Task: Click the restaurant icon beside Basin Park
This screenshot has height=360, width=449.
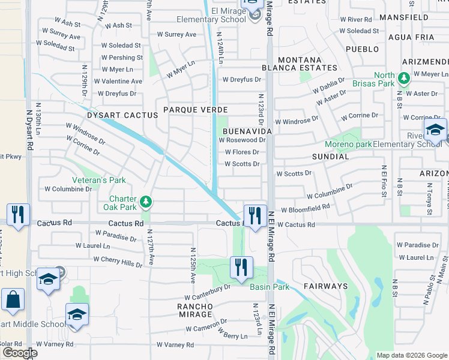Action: [x=241, y=267]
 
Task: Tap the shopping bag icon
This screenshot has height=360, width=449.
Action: [x=13, y=299]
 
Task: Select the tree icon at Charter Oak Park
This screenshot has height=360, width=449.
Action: [x=146, y=200]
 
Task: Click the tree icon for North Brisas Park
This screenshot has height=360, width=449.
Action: [x=404, y=77]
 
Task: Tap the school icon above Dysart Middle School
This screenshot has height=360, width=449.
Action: [x=77, y=314]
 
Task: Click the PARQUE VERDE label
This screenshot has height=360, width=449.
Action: [x=196, y=110]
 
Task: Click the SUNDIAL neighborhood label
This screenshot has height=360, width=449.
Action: [x=330, y=156]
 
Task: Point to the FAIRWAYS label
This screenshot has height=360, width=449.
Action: [x=325, y=286]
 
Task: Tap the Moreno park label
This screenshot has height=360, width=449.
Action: [x=348, y=145]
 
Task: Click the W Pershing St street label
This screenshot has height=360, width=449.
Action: [x=122, y=58]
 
